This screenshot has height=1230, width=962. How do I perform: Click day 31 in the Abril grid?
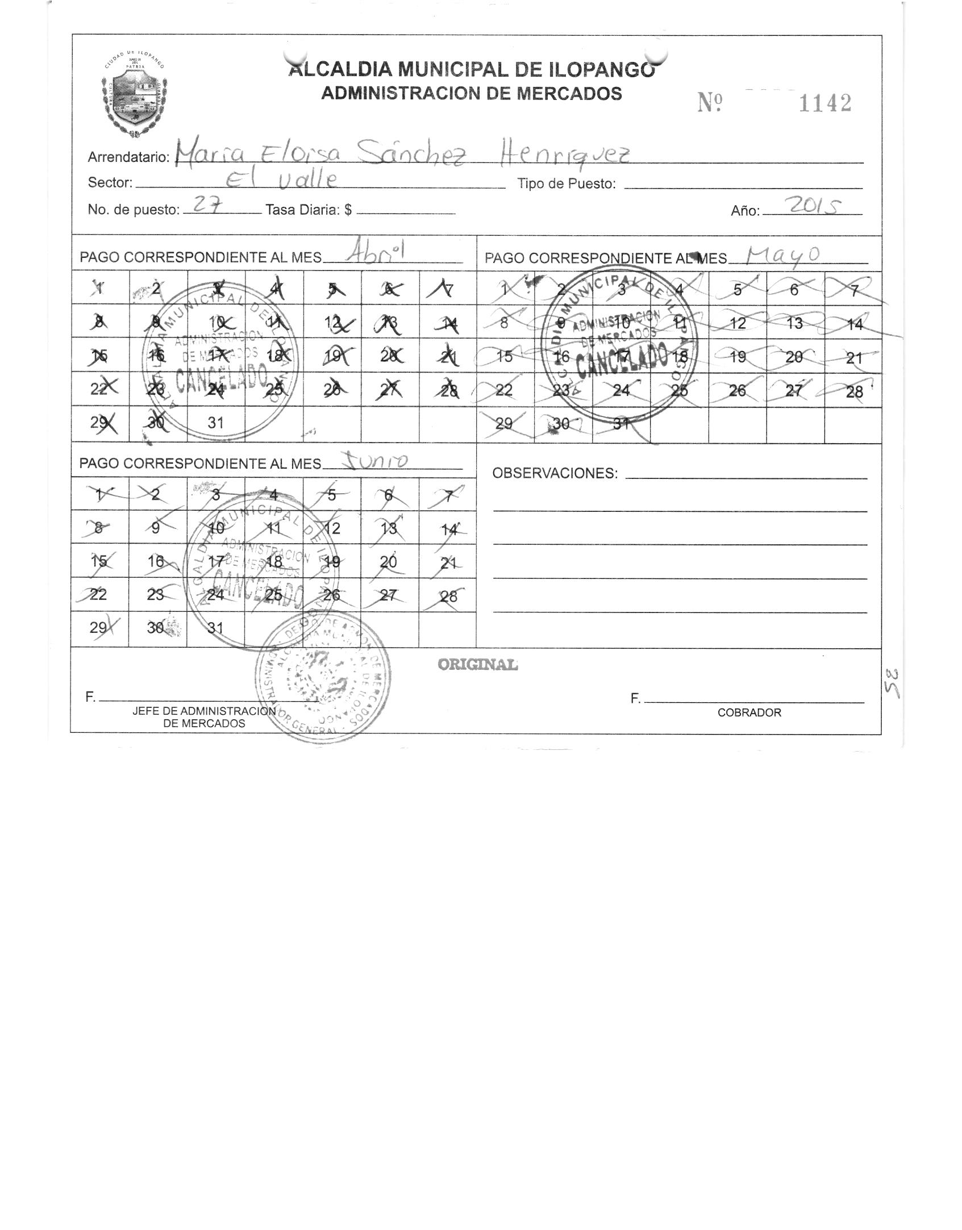pyautogui.click(x=215, y=423)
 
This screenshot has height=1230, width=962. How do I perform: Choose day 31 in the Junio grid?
pyautogui.click(x=215, y=628)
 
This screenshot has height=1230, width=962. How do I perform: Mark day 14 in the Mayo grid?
pyautogui.click(x=855, y=324)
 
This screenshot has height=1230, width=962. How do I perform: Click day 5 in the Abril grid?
pyautogui.click(x=332, y=289)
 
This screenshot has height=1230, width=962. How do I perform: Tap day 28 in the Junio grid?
pyautogui.click(x=449, y=596)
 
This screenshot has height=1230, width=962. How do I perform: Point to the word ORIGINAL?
pyautogui.click(x=477, y=664)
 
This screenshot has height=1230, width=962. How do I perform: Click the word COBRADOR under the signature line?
pyautogui.click(x=749, y=712)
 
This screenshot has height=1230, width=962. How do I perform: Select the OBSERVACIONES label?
pyautogui.click(x=555, y=473)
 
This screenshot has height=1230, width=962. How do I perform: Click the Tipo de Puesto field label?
pyautogui.click(x=567, y=184)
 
